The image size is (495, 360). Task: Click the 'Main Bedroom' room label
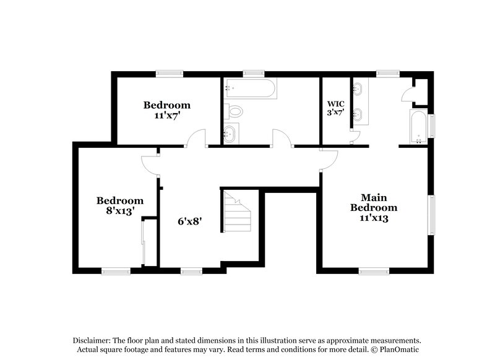tap(374, 203)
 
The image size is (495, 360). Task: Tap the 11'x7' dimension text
tap(167, 115)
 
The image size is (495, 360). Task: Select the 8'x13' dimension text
tap(119, 211)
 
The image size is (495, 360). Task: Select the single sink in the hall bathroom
tap(230, 134)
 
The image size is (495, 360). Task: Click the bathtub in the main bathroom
tap(418, 126)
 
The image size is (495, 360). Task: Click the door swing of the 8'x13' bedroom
tap(150, 163)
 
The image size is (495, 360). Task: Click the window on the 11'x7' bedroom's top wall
tap(167, 74)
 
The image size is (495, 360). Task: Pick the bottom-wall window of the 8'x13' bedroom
tap(116, 270)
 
